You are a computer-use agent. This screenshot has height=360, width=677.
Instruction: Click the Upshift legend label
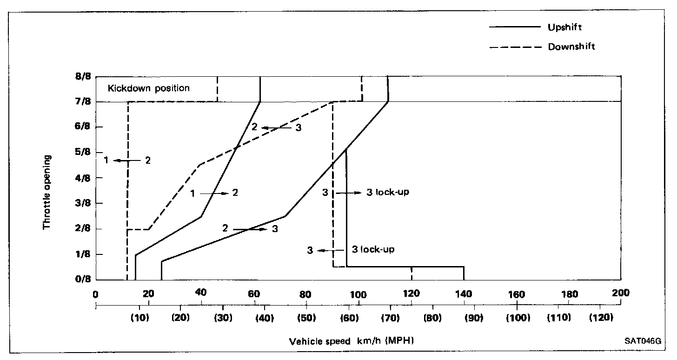(564, 27)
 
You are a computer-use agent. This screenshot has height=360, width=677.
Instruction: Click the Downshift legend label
(571, 47)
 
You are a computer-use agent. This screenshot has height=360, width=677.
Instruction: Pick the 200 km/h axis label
(621, 293)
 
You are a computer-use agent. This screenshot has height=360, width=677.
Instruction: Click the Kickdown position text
(149, 88)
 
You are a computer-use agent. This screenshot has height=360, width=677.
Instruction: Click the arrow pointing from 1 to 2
(214, 193)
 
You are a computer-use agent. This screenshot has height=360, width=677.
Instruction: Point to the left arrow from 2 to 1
(127, 160)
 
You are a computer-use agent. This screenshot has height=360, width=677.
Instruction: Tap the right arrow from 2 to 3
(250, 229)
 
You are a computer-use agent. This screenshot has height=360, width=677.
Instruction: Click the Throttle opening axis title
(47, 191)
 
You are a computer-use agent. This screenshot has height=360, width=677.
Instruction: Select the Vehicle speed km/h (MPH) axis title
(352, 341)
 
